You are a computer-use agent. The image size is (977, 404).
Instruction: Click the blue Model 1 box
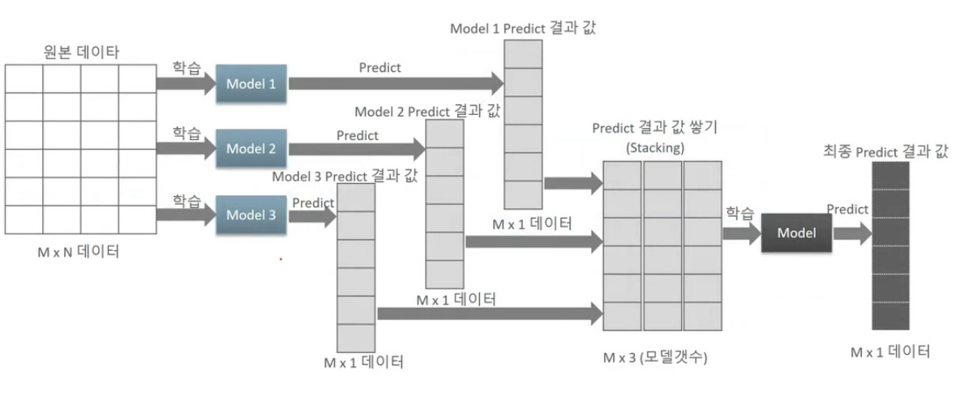[x=251, y=83]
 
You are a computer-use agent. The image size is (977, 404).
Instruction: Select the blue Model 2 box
[x=251, y=149]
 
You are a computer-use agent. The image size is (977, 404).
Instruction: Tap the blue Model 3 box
[x=251, y=215]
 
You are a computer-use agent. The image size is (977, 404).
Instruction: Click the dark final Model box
[x=796, y=233]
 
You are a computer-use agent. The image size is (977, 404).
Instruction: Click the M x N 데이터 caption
[x=78, y=252]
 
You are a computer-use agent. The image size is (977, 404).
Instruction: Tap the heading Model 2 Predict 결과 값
[x=427, y=111]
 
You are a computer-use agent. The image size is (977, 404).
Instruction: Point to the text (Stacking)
[x=655, y=148]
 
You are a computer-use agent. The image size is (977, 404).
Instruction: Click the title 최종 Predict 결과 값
[x=885, y=151]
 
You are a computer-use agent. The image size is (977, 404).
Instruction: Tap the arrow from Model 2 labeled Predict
[x=357, y=149]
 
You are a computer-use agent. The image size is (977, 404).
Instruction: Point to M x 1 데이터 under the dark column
[x=890, y=352]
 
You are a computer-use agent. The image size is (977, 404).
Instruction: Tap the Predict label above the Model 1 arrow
[x=379, y=68]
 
